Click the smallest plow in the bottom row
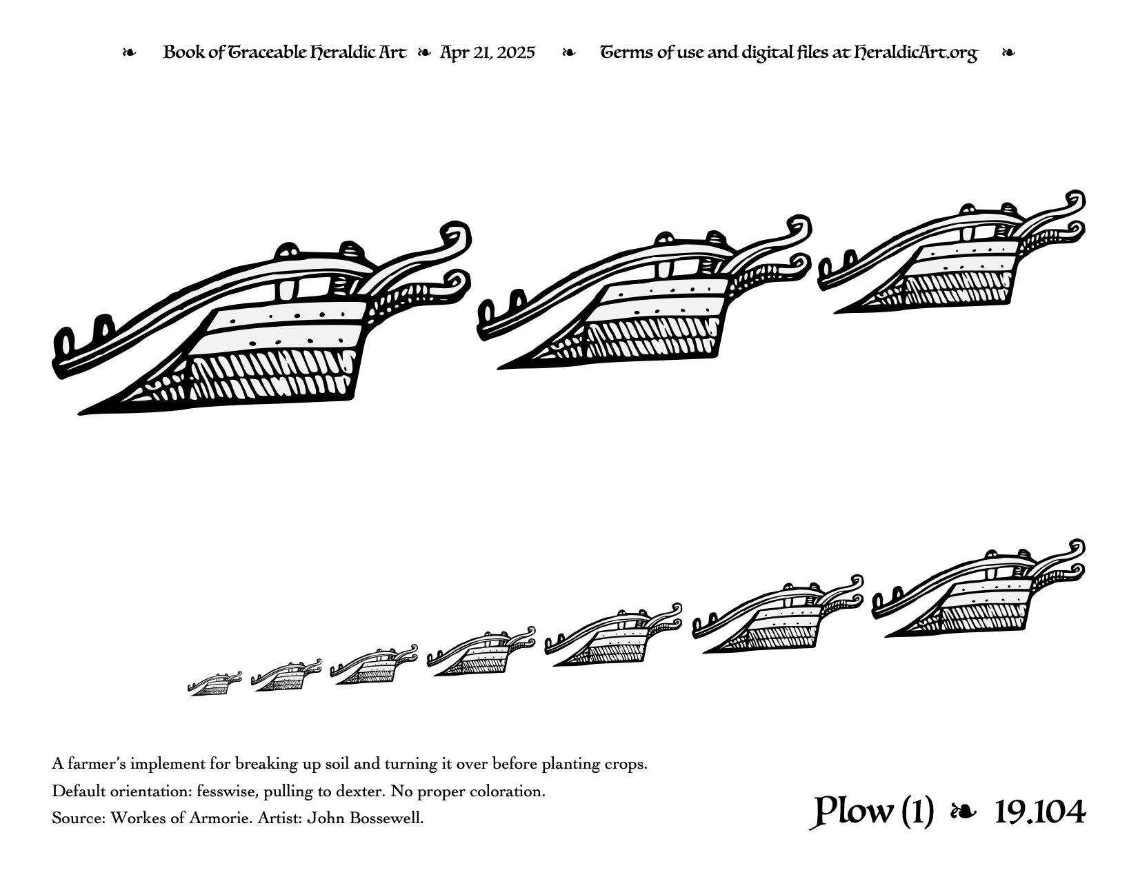coord(214,684)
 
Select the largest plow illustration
coord(262,319)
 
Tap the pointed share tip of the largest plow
coord(80,414)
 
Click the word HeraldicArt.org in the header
coord(915,53)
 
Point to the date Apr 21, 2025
coord(487,53)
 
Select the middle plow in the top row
coord(644,292)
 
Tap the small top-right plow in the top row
coord(952,252)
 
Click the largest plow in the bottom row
coord(978,588)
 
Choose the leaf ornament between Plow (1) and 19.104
coord(964,813)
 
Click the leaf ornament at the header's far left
coord(129,53)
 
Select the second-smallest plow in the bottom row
coord(286,676)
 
